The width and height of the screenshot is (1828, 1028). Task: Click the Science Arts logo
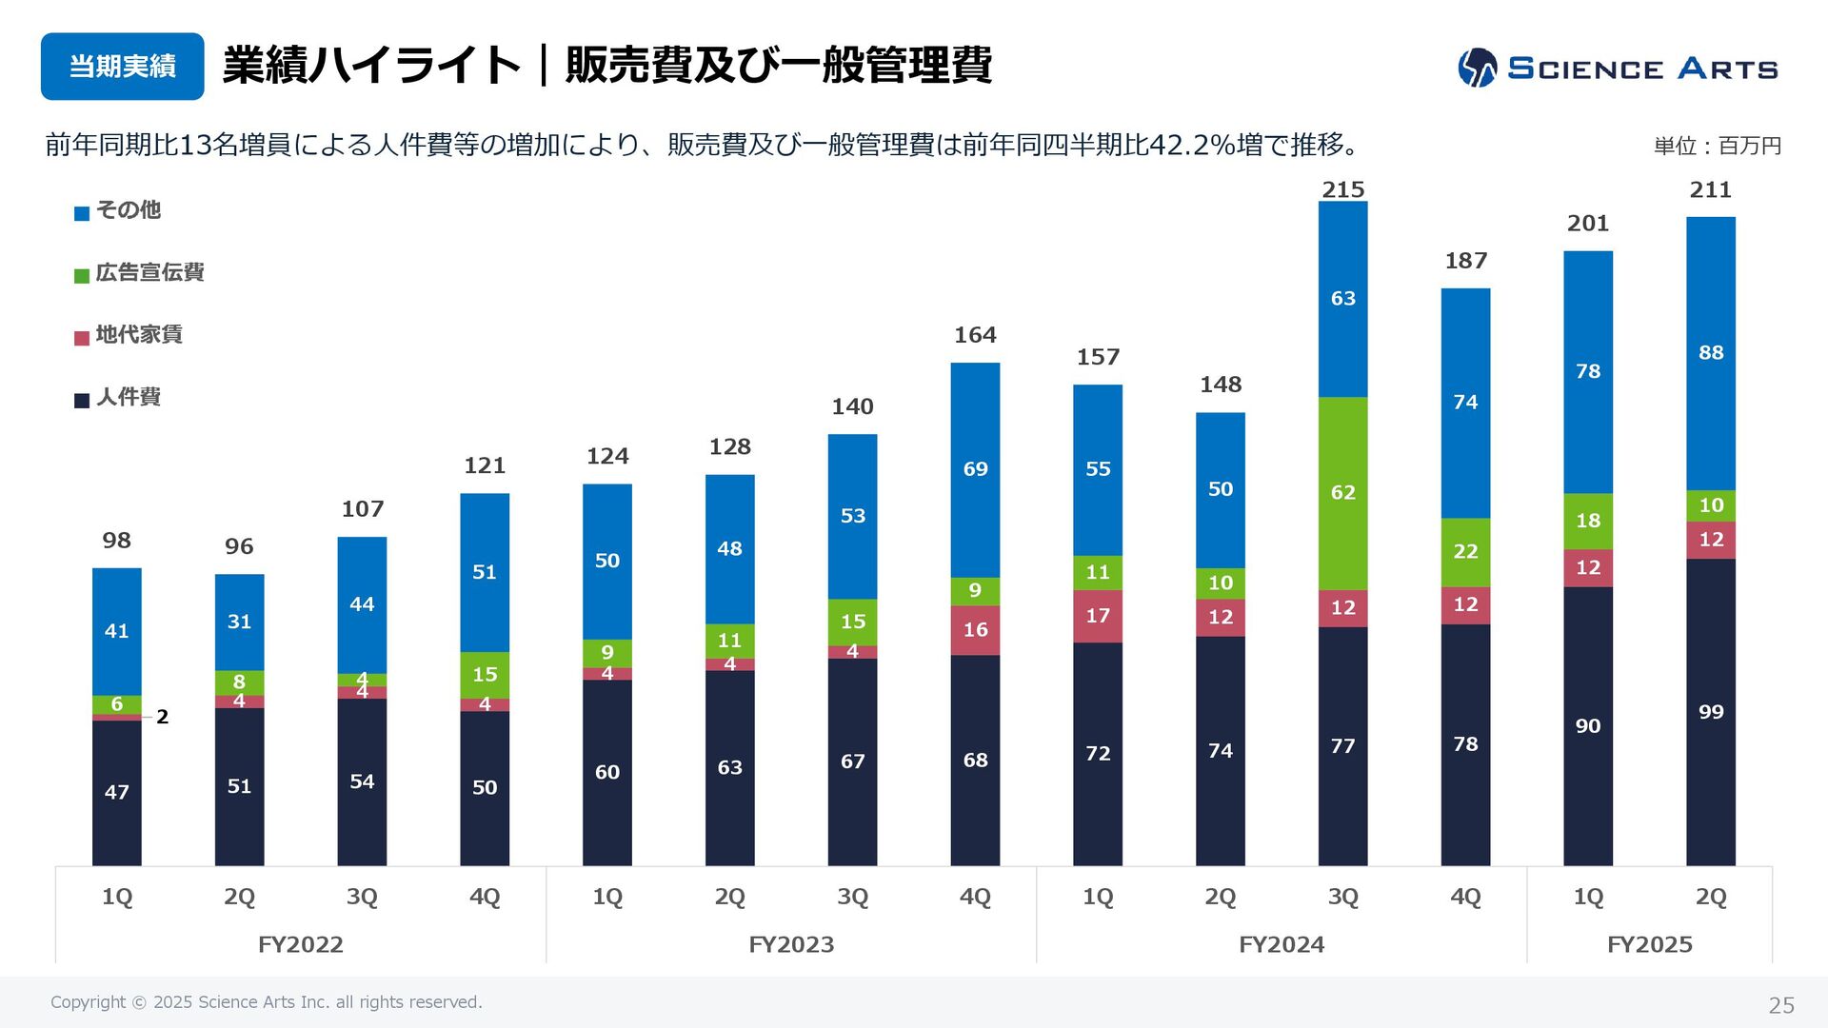[1618, 68]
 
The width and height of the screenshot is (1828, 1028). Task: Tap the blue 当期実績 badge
[122, 67]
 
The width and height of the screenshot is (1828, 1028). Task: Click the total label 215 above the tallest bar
[1342, 189]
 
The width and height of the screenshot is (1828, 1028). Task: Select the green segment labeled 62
[1342, 493]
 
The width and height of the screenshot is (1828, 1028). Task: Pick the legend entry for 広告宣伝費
[139, 273]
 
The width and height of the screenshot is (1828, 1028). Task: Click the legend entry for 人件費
[118, 398]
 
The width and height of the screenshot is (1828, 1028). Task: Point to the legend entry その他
[118, 210]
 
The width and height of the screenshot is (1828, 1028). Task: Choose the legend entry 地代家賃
[129, 335]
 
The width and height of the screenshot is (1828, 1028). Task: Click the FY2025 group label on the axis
[1649, 944]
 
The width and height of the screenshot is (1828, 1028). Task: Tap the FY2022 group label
[300, 944]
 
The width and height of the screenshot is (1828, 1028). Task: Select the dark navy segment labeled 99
[1710, 712]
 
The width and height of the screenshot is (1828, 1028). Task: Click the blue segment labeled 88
[1710, 353]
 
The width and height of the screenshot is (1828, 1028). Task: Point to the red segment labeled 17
[1098, 616]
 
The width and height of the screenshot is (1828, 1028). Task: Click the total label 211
[1710, 189]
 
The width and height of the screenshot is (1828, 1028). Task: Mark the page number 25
[1780, 1005]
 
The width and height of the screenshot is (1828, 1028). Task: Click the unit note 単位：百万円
[1717, 146]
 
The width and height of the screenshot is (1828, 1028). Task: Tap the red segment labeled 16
[975, 630]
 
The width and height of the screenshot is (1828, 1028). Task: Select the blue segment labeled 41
[116, 631]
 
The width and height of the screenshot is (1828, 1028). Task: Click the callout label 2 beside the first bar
[163, 717]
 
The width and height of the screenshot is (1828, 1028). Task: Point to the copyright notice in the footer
[267, 1002]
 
